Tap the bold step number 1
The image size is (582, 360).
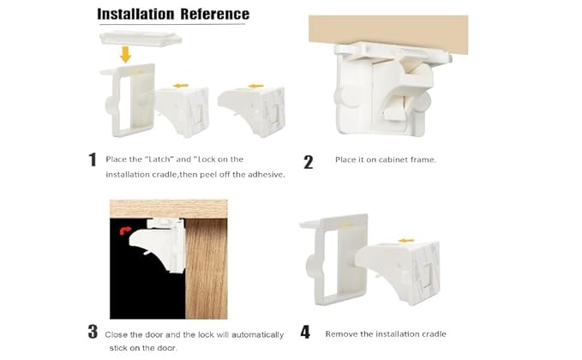[93, 159]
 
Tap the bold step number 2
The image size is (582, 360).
[309, 162]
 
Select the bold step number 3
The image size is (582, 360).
[93, 333]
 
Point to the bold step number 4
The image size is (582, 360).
[307, 333]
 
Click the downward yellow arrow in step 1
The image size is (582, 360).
[125, 55]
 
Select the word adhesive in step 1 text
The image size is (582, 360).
[264, 175]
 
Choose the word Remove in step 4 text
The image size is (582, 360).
[341, 333]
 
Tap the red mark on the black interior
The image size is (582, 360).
[125, 231]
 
